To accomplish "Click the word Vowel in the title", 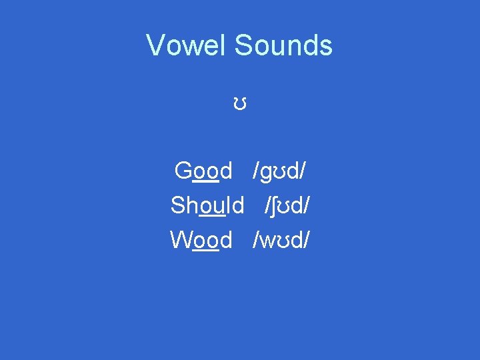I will (x=187, y=45).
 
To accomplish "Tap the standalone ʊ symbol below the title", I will (x=241, y=104).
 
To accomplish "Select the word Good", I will (x=203, y=171).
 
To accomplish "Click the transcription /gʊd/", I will (x=279, y=172).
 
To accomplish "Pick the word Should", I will (x=207, y=205).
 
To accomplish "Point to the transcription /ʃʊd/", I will (x=287, y=205).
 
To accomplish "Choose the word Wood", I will (x=201, y=239).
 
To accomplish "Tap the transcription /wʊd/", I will (x=280, y=239).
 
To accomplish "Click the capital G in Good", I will (x=183, y=171).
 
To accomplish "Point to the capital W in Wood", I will (x=181, y=239).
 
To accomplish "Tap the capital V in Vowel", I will (x=155, y=45).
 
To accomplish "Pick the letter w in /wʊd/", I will (x=265, y=241).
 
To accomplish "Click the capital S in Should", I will (x=178, y=205).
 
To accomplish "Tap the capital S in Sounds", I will (x=243, y=45).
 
